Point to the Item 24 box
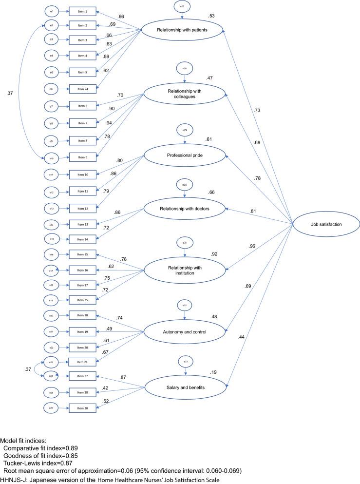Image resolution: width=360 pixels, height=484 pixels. (x=79, y=89)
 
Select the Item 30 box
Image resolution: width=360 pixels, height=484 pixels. (x=79, y=407)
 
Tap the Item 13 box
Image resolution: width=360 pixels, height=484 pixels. (x=79, y=225)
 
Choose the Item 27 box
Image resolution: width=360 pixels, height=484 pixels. (x=79, y=376)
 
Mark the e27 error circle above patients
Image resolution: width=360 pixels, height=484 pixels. (x=182, y=6)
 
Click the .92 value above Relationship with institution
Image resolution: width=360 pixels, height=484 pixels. (x=214, y=254)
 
